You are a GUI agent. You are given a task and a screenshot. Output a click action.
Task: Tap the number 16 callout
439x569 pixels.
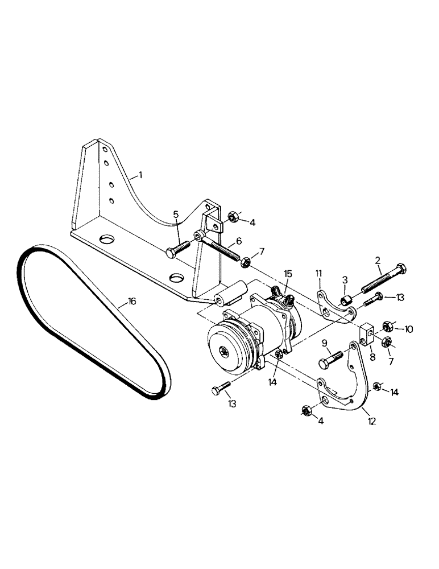pyautogui.click(x=131, y=302)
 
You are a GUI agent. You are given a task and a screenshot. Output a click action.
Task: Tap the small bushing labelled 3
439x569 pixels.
pyautogui.click(x=346, y=299)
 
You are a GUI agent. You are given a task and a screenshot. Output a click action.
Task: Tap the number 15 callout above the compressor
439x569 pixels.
pyautogui.click(x=287, y=275)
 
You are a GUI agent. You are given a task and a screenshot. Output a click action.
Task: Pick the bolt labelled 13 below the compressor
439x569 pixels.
pyautogui.click(x=219, y=390)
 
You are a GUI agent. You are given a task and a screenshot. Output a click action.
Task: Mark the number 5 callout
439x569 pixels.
pyautogui.click(x=176, y=215)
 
